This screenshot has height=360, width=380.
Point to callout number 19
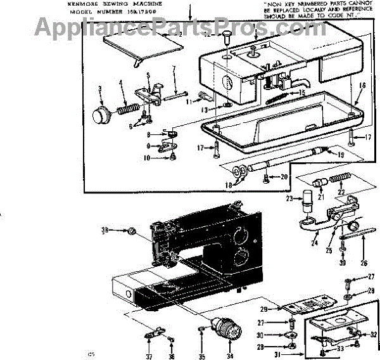click(341, 155)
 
